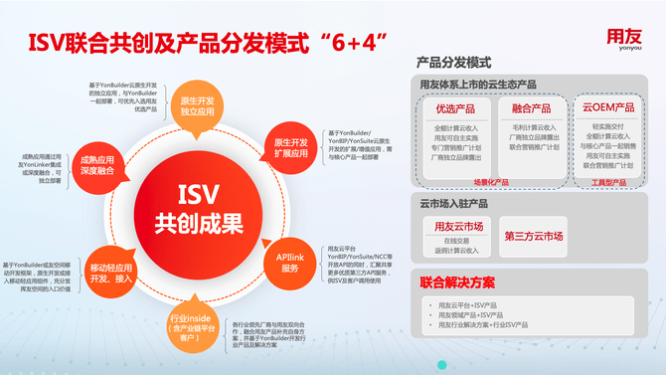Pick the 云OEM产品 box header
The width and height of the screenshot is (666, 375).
(608, 107)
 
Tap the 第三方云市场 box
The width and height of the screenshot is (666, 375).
(534, 236)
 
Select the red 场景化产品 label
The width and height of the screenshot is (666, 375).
(490, 183)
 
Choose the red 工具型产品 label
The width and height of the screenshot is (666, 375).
(607, 183)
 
